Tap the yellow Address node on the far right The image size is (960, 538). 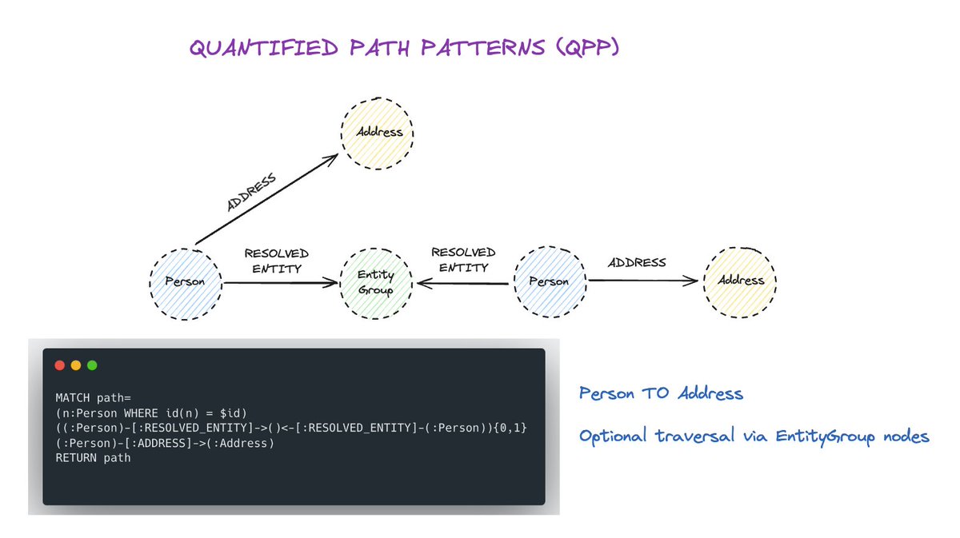click(740, 281)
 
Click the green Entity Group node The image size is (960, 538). click(376, 282)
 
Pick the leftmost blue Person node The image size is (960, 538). click(185, 281)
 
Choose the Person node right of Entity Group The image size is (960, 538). click(549, 281)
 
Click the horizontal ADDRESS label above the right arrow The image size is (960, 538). click(638, 262)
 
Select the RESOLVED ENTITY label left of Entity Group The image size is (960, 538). click(276, 261)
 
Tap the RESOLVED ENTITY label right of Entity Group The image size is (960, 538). click(463, 260)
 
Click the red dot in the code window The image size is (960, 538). click(59, 365)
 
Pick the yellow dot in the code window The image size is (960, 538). click(76, 365)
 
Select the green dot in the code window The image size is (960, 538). click(92, 365)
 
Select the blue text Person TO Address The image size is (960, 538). click(661, 394)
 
